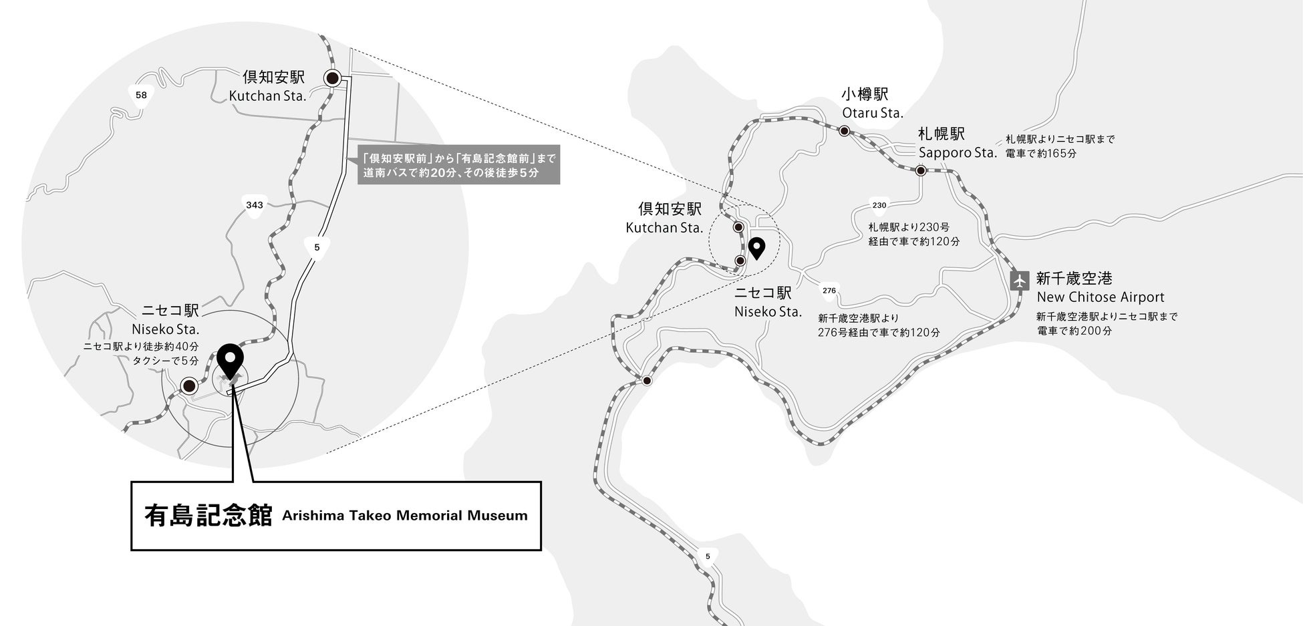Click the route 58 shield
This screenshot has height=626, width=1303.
(141, 96)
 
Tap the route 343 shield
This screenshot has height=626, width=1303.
(255, 205)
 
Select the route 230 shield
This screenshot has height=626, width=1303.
(879, 205)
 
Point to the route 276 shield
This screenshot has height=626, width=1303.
(829, 291)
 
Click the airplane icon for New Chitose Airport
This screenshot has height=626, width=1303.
(1020, 280)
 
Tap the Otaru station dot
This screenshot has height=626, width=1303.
(845, 131)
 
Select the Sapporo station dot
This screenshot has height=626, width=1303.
(921, 170)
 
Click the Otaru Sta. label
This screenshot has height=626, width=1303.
(873, 113)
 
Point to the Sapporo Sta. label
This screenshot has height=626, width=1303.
(958, 152)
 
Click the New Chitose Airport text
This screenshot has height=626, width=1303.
(1100, 297)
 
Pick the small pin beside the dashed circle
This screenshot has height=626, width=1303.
(756, 248)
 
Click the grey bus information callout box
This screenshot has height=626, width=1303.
(458, 166)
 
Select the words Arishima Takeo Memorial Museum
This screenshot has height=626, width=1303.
(405, 516)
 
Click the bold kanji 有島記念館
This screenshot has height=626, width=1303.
(208, 516)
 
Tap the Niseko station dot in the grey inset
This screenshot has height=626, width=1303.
(189, 385)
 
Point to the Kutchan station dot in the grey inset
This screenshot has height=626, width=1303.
(332, 78)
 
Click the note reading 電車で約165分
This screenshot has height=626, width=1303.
(1041, 154)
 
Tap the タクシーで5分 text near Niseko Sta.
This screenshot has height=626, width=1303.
(165, 361)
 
